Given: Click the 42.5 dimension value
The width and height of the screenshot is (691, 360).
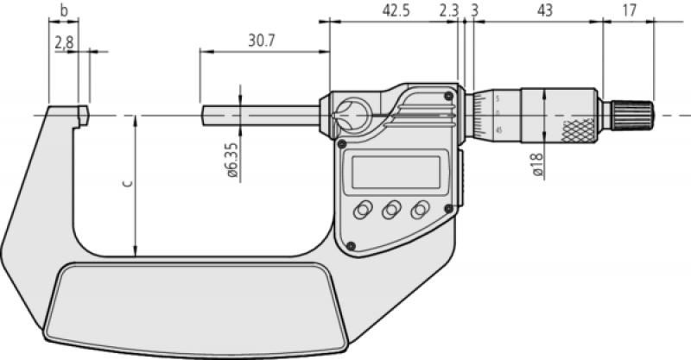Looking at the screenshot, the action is pos(396,10).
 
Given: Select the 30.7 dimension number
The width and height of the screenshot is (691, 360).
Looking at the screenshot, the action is pos(262,41).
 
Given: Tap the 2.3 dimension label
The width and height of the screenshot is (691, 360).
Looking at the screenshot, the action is pos(449,10).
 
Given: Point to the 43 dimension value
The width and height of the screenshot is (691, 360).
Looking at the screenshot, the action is pos(545,10).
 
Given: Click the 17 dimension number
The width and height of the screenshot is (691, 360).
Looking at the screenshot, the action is pos(630,10).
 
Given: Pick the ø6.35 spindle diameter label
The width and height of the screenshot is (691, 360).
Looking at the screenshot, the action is pos(232,160).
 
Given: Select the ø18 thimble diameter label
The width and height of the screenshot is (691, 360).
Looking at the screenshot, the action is pos(537,164).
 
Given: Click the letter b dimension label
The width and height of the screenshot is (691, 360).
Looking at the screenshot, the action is pos(64,10).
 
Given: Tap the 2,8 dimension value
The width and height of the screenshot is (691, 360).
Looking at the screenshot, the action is pos(64,43).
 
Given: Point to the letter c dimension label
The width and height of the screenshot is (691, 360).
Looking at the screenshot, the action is pos(128,183).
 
